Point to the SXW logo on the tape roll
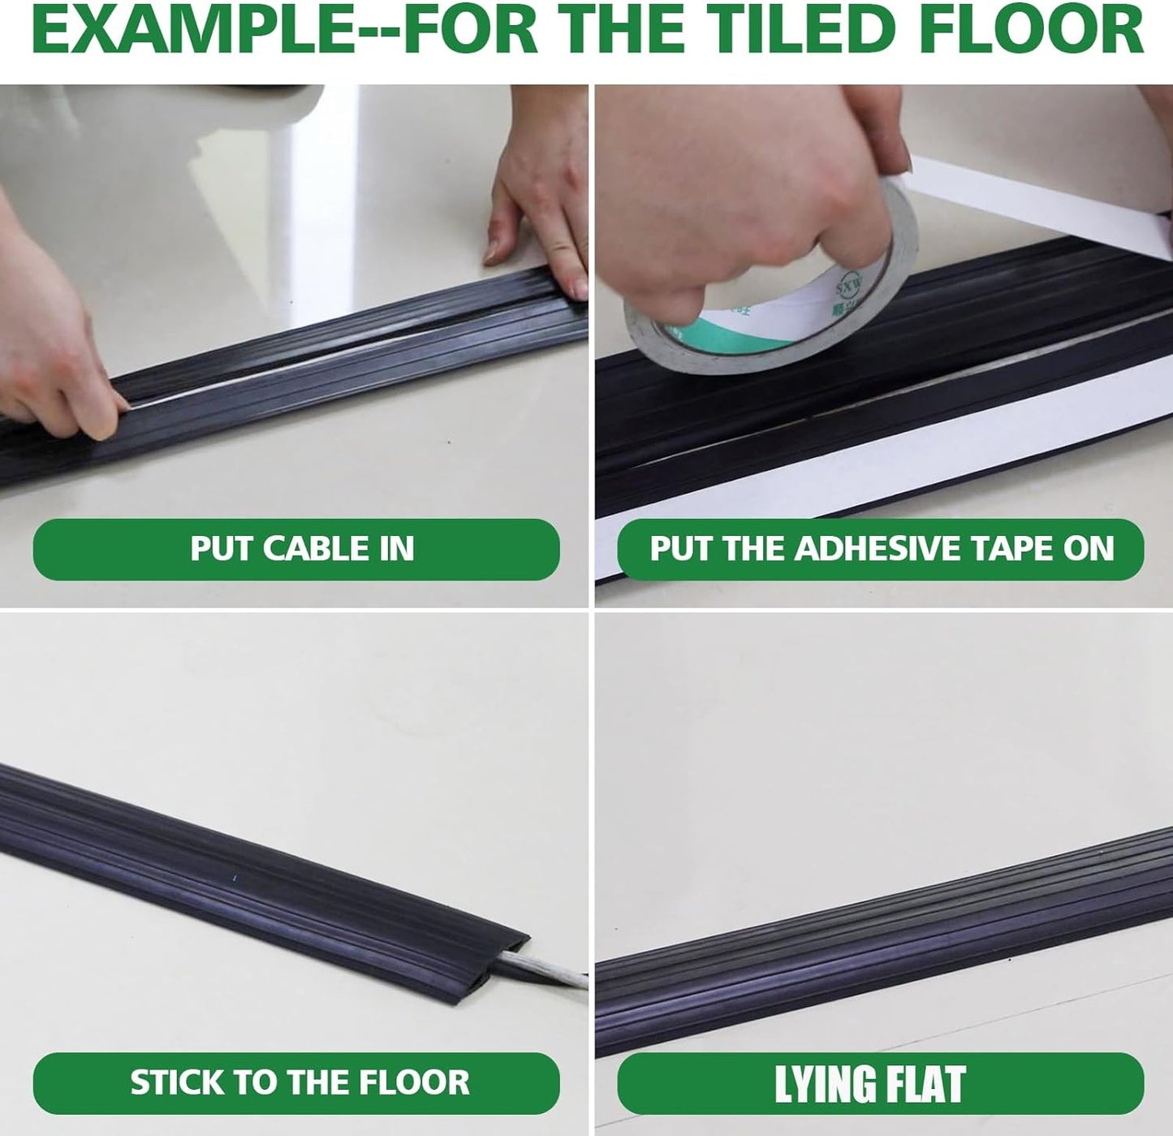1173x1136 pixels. [850, 286]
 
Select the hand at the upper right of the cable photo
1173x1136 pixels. [540, 203]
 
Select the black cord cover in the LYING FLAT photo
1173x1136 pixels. [885, 966]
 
